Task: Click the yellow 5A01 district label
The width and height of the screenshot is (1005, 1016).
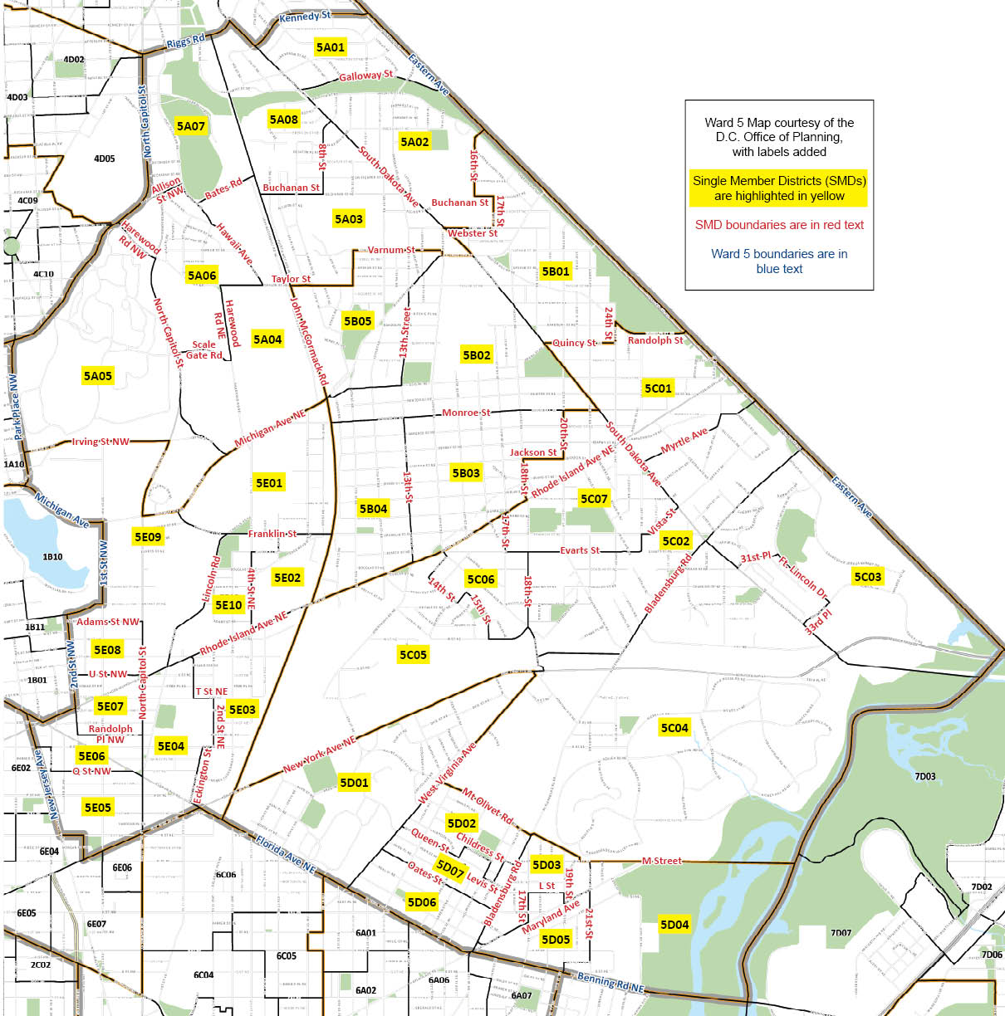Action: tap(330, 47)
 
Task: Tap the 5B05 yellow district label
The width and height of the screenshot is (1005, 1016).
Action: tap(357, 321)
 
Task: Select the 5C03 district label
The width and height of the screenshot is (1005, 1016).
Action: tap(867, 577)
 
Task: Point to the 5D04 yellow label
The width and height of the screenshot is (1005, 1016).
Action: tap(674, 925)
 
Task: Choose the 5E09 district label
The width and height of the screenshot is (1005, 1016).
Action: tap(148, 537)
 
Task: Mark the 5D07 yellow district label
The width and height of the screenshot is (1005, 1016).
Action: tap(449, 869)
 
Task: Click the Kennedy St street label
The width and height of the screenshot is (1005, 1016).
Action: tap(305, 17)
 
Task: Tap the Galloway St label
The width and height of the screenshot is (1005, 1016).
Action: tap(365, 76)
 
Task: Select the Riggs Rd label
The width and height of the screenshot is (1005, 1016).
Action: tap(185, 41)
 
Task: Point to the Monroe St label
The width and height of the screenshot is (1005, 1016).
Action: tap(466, 413)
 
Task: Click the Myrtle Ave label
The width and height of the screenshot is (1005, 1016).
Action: tap(684, 441)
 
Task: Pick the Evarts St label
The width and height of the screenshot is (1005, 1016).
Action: tap(580, 550)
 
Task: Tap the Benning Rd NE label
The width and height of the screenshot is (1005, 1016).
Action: tap(610, 982)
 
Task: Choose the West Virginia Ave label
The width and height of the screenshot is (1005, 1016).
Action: tap(448, 773)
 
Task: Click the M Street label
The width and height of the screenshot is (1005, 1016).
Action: tap(662, 861)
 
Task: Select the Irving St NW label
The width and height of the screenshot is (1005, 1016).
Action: tap(100, 442)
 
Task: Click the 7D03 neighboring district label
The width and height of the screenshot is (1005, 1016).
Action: tap(924, 777)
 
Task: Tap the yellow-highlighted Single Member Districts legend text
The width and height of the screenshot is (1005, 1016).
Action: tap(779, 188)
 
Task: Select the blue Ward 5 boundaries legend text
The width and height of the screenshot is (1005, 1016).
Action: tap(779, 261)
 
